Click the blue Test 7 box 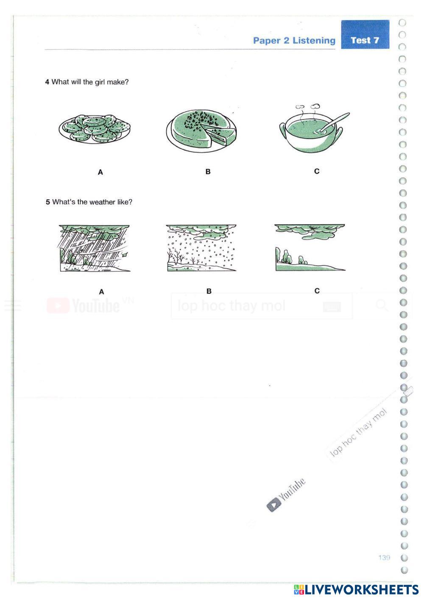(365, 40)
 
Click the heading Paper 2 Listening (294, 41)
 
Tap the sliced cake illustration (201, 129)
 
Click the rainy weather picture (95, 248)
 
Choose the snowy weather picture (201, 248)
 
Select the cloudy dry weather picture (310, 248)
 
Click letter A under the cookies (100, 172)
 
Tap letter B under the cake (208, 172)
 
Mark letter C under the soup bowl (317, 171)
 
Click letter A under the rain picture (101, 292)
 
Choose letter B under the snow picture (209, 291)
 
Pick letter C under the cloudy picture (317, 291)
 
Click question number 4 (47, 82)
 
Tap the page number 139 (384, 558)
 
